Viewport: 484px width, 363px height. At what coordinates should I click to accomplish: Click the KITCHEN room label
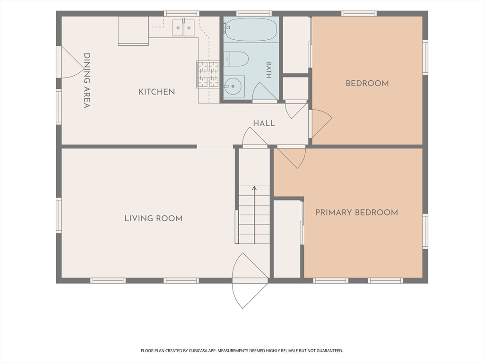click(156, 92)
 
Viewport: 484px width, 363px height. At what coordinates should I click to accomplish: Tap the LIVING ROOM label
click(154, 218)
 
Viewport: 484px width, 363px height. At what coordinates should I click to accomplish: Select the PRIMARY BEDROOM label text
click(356, 212)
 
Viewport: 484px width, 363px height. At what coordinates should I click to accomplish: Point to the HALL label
click(264, 123)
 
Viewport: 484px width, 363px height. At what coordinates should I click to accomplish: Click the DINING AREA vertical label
click(87, 80)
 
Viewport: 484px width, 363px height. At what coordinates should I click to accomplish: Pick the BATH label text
click(268, 70)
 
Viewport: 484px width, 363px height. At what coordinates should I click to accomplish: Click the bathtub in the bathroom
click(251, 29)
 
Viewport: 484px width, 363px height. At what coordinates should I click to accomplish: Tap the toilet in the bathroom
click(236, 59)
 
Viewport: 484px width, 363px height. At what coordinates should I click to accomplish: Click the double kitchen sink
click(183, 27)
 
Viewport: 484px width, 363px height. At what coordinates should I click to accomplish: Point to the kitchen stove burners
click(208, 74)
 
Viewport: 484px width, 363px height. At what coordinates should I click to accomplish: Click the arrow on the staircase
click(254, 215)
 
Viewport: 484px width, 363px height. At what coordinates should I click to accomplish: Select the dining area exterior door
click(70, 62)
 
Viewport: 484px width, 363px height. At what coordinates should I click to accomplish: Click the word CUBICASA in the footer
click(199, 351)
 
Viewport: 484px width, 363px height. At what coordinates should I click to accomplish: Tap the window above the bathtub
click(254, 13)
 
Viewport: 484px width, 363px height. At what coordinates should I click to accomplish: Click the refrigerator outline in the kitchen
click(133, 31)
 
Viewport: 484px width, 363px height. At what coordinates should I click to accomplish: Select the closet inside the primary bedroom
click(287, 239)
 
